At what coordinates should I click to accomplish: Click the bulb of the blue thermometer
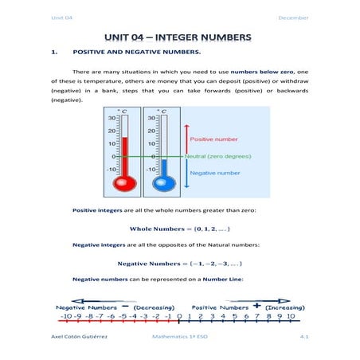tap(164, 183)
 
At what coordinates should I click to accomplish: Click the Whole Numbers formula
tap(180, 230)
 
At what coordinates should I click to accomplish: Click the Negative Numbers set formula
tap(180, 264)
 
